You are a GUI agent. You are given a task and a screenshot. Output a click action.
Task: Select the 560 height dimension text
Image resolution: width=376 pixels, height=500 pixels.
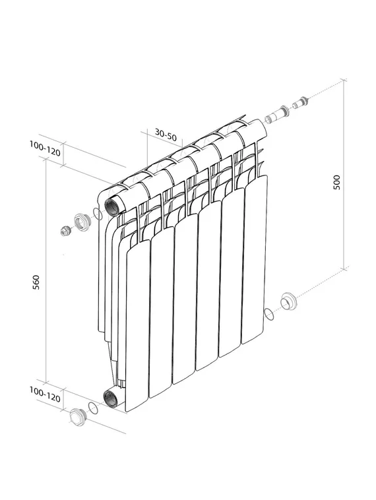pos(37,282)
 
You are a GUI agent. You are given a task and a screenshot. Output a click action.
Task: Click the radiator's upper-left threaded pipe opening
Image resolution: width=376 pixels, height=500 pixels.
pos(111,204)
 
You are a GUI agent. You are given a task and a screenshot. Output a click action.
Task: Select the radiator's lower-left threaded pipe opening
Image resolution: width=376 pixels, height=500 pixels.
pos(111,397)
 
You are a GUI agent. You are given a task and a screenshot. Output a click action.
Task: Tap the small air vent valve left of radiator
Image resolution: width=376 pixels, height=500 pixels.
pos(65,232)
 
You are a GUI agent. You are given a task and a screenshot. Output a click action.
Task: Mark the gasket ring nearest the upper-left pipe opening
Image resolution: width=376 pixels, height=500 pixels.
pos(98,213)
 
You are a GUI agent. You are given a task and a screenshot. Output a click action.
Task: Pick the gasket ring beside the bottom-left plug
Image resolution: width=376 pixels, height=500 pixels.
pos(94,409)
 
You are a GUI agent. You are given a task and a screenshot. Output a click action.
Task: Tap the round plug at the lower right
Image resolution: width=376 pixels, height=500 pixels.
pos(289,302)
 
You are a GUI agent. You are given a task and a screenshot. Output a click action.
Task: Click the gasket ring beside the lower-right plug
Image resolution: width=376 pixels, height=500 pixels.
pos(268,314)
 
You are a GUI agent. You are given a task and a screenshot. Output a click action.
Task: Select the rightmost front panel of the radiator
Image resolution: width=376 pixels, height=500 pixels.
pos(255,261)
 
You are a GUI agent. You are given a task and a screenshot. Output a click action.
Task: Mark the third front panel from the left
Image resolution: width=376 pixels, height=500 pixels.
pos(185,300)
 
